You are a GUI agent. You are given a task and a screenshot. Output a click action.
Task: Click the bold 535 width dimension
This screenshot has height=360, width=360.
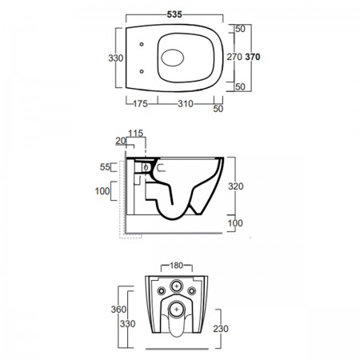coord(174,14)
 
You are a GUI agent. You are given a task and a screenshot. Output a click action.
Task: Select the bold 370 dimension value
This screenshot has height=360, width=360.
coord(253,57)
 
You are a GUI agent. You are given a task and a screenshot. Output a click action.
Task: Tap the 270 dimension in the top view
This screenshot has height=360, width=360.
coord(234,57)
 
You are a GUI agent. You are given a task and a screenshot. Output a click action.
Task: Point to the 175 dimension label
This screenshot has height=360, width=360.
coord(140,103)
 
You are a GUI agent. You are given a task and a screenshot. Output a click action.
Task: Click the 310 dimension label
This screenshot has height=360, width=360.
coord(186,103)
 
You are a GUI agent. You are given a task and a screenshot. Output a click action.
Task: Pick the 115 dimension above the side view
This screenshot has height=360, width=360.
coord(136,133)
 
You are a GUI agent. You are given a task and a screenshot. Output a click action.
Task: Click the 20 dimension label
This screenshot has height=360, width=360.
coord(121,141)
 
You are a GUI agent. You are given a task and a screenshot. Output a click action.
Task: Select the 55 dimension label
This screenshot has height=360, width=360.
coord(105,167)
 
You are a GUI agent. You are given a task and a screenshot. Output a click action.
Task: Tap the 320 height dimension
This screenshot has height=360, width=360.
coord(236,186)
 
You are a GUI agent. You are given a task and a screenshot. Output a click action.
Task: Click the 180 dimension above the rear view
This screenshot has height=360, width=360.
coord(177,266)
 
